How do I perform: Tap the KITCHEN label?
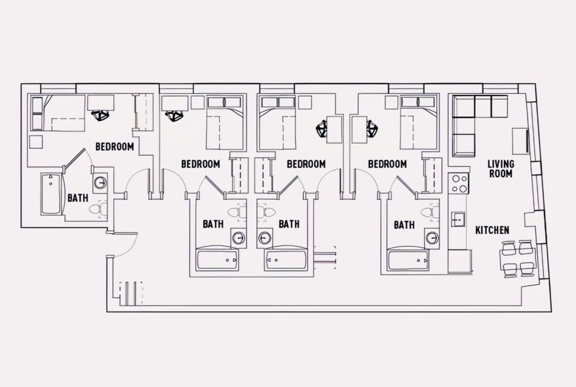(x=492, y=230)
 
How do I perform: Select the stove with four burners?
(x=458, y=183)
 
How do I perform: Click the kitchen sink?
(x=458, y=219)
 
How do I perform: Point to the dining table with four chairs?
(x=517, y=259)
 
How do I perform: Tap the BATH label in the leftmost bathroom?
(x=78, y=198)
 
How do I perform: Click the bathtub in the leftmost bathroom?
(x=51, y=194)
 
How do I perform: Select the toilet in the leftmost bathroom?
(x=98, y=209)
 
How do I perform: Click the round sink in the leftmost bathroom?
(x=100, y=183)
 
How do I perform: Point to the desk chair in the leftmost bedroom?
(x=100, y=115)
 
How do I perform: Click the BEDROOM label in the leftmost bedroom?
(x=115, y=147)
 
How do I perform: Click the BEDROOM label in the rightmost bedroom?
(x=387, y=164)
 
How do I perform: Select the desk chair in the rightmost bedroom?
(x=372, y=129)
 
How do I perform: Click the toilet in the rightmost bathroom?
(x=430, y=212)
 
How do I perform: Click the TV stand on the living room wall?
(x=520, y=141)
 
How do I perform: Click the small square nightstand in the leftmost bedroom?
(x=36, y=142)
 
